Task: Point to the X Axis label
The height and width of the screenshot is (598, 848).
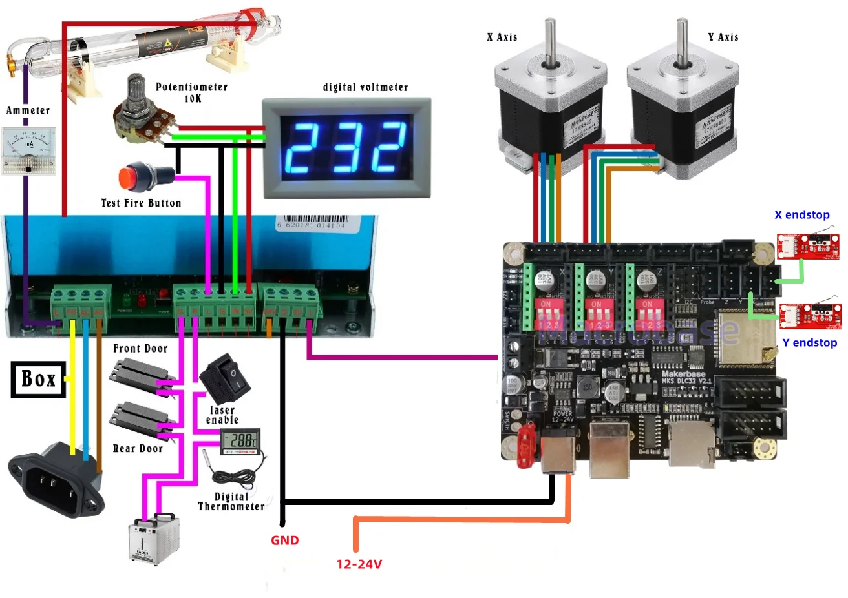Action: pyautogui.click(x=502, y=37)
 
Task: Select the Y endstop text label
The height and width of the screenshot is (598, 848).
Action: pyautogui.click(x=809, y=343)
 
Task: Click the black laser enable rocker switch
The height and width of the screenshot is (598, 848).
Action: pyautogui.click(x=225, y=378)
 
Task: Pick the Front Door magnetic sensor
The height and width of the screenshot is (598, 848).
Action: pyautogui.click(x=139, y=378)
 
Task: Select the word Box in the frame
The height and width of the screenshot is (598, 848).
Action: pyautogui.click(x=38, y=379)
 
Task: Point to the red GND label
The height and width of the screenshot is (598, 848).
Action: pyautogui.click(x=284, y=541)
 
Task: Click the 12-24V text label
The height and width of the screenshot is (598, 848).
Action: pyautogui.click(x=359, y=564)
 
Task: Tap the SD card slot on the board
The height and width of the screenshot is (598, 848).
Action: pyautogui.click(x=691, y=446)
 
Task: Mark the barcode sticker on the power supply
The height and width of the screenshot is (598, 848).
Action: pyautogui.click(x=311, y=223)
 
